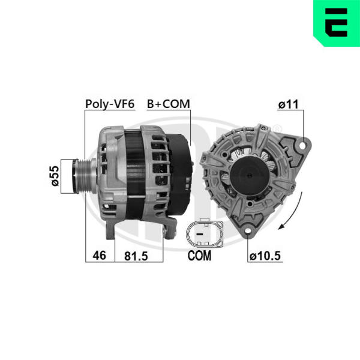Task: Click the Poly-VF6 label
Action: click(x=110, y=104)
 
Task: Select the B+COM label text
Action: click(x=169, y=104)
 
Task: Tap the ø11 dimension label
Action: click(x=289, y=104)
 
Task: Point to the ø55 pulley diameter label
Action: click(x=55, y=176)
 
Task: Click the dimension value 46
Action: click(x=100, y=256)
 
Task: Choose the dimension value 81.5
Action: click(x=136, y=256)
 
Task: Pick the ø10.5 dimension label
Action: click(x=265, y=256)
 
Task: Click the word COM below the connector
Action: click(x=199, y=256)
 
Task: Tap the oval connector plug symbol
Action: click(x=205, y=233)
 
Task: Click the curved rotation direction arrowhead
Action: click(x=281, y=226)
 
